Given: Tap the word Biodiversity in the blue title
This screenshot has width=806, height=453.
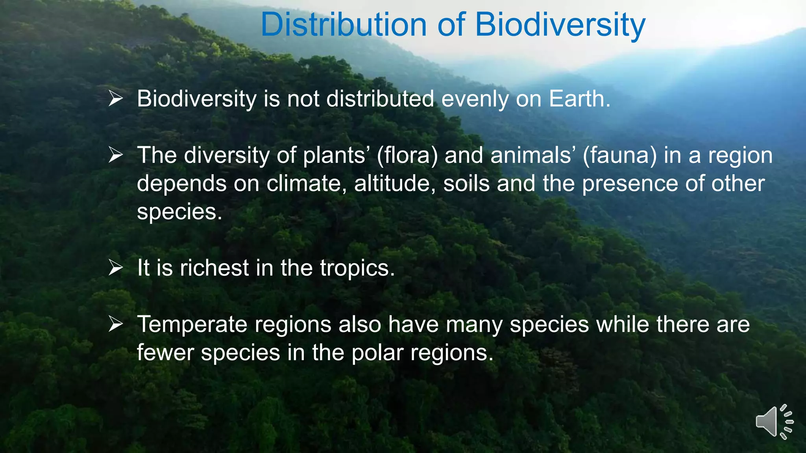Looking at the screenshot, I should [x=560, y=24].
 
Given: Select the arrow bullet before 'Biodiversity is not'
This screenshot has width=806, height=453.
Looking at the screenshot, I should [x=116, y=98].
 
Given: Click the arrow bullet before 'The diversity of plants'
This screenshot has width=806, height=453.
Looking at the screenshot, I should [x=116, y=155].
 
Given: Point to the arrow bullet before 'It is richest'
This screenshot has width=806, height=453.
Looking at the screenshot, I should [x=116, y=268].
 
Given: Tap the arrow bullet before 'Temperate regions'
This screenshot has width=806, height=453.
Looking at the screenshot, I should [x=116, y=324].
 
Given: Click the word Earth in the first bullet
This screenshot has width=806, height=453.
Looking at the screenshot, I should [x=579, y=98].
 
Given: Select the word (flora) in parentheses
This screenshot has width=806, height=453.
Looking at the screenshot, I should [x=407, y=155].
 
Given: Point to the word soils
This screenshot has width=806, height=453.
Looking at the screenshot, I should [x=466, y=184].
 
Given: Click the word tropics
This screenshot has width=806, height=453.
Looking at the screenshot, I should [x=357, y=269].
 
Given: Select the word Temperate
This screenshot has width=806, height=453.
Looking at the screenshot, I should [x=192, y=325].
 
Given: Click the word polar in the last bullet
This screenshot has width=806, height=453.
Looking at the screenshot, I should [x=377, y=353].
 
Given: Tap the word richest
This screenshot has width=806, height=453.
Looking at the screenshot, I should [x=214, y=268].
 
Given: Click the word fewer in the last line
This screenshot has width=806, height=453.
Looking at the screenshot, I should [x=165, y=353].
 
